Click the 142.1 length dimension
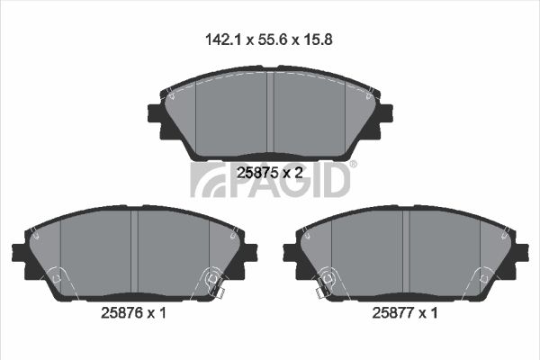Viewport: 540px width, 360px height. pyautogui.click(x=222, y=40)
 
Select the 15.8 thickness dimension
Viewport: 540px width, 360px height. pyautogui.click(x=318, y=40)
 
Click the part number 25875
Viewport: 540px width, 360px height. pyautogui.click(x=257, y=173)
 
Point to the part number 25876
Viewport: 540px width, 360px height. pyautogui.click(x=121, y=313)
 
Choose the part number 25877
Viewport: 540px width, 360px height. pyautogui.click(x=393, y=313)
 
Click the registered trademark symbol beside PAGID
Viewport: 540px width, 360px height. pyautogui.click(x=353, y=165)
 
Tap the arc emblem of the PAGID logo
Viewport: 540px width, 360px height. pyautogui.click(x=208, y=180)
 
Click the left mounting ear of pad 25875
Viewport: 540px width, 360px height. pyautogui.click(x=155, y=113)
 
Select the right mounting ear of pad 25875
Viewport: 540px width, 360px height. pyautogui.click(x=385, y=113)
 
